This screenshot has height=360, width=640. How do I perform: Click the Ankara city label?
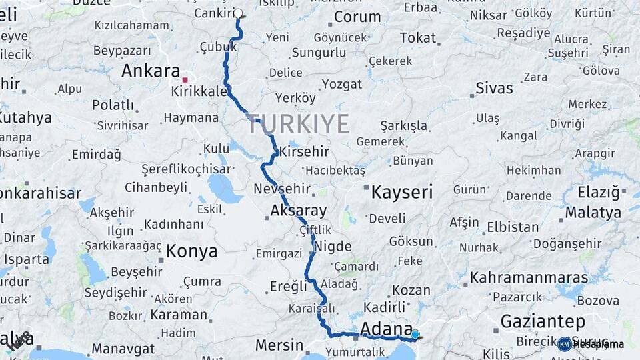pyautogui.click(x=151, y=71)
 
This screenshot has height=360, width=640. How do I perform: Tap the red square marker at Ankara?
pyautogui.click(x=185, y=79)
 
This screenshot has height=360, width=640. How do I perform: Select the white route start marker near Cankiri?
pyautogui.click(x=238, y=13)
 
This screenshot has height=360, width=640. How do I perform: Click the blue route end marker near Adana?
pyautogui.click(x=415, y=335)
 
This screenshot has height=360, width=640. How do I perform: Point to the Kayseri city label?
pyautogui.click(x=402, y=193)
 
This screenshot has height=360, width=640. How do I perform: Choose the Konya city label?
pyautogui.click(x=191, y=251)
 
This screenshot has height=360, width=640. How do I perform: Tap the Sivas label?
pyautogui.click(x=494, y=88)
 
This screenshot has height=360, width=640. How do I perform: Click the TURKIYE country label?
pyautogui.click(x=299, y=124)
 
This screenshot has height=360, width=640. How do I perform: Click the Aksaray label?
pyautogui.click(x=299, y=211)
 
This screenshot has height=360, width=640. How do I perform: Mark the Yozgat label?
pyautogui.click(x=342, y=84)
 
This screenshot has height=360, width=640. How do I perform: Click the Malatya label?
pyautogui.click(x=593, y=213)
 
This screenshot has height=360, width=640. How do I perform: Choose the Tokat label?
pyautogui.click(x=417, y=38)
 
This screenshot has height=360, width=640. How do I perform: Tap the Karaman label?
pyautogui.click(x=179, y=314)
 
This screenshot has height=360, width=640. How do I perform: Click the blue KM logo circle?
pyautogui.click(x=565, y=344)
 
